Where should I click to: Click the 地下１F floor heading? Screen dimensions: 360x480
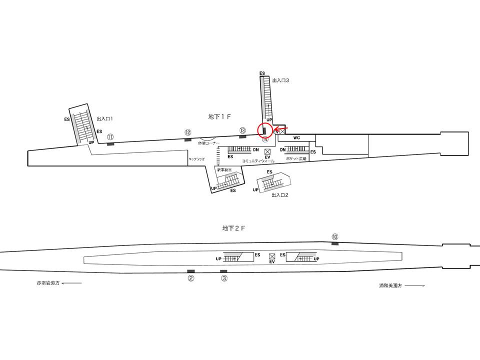pyautogui.click(x=219, y=116)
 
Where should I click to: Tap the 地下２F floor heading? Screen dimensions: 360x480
pyautogui.click(x=233, y=228)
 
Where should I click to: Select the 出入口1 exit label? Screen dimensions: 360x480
pyautogui.click(x=105, y=119)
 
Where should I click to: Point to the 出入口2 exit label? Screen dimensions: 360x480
pyautogui.click(x=279, y=195)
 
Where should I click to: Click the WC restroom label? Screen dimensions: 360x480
pyautogui.click(x=296, y=137)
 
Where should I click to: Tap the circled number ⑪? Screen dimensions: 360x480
pyautogui.click(x=110, y=136)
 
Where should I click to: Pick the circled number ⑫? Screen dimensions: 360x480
pyautogui.click(x=188, y=132)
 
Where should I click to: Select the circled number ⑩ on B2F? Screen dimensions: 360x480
pyautogui.click(x=335, y=236)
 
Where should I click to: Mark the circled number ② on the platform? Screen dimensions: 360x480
pyautogui.click(x=190, y=278)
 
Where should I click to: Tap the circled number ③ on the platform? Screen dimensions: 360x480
pyautogui.click(x=224, y=278)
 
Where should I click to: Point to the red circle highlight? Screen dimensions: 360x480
pyautogui.click(x=265, y=130)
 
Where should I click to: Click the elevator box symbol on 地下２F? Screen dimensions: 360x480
pyautogui.click(x=272, y=255)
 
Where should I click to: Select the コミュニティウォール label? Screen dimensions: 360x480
pyautogui.click(x=258, y=161)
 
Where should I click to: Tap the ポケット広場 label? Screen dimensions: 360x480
pyautogui.click(x=296, y=158)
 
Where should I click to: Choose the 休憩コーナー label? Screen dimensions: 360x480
pyautogui.click(x=209, y=142)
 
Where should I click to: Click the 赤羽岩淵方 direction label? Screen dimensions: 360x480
pyautogui.click(x=48, y=283)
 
